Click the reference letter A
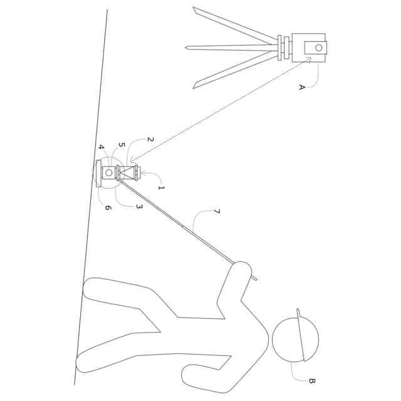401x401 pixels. pos(301,87)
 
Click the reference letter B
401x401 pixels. pos(311,380)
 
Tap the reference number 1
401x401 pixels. pos(161,187)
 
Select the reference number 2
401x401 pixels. pos(150,139)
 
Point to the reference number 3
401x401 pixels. pos(139,206)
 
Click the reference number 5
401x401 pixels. pos(122,145)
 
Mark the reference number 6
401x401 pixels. pos(108,207)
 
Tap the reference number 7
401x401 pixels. pos(216,212)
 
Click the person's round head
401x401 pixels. pos(295,339)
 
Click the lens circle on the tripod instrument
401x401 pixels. pos(318,48)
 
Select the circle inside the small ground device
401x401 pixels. pos(109,172)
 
